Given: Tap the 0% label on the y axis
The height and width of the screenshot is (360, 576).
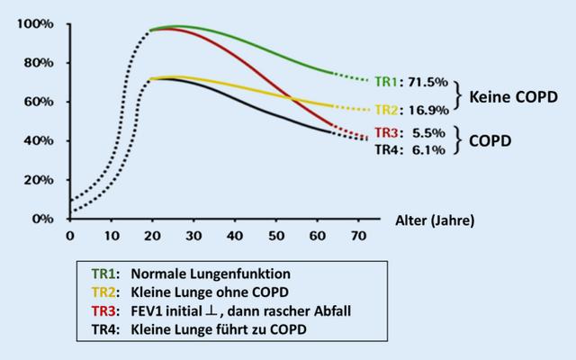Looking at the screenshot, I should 40,219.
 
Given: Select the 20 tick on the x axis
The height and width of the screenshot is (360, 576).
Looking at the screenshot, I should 151,236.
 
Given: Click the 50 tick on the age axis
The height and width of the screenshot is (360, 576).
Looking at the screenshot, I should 276,236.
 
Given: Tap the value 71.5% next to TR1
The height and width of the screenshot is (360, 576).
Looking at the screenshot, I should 427,82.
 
